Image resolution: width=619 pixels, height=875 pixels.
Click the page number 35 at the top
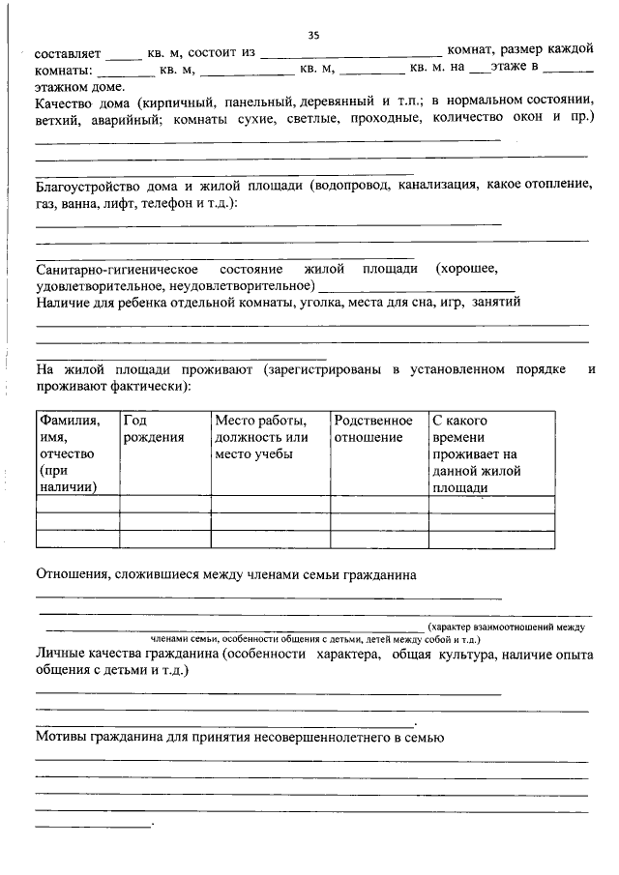coord(313,36)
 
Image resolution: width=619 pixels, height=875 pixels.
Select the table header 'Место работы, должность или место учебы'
coord(261,437)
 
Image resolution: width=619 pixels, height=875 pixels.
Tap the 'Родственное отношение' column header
coord(373,429)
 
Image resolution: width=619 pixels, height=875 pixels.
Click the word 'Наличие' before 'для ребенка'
coord(65,302)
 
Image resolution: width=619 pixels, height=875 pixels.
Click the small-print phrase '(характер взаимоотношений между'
coord(507,627)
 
